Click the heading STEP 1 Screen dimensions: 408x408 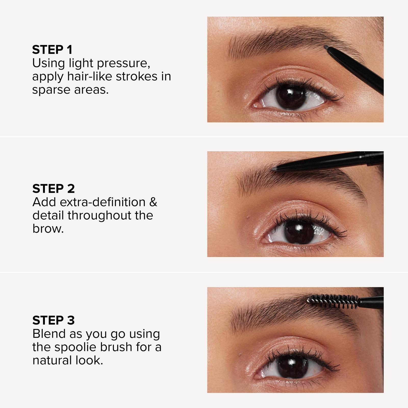[x=52, y=49]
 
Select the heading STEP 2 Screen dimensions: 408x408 [x=54, y=189]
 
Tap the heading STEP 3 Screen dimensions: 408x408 [x=54, y=320]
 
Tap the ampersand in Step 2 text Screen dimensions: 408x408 [x=153, y=202]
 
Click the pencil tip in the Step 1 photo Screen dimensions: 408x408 [x=326, y=47]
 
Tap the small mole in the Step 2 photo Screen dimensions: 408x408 [x=247, y=217]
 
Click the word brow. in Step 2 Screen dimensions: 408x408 [x=48, y=229]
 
